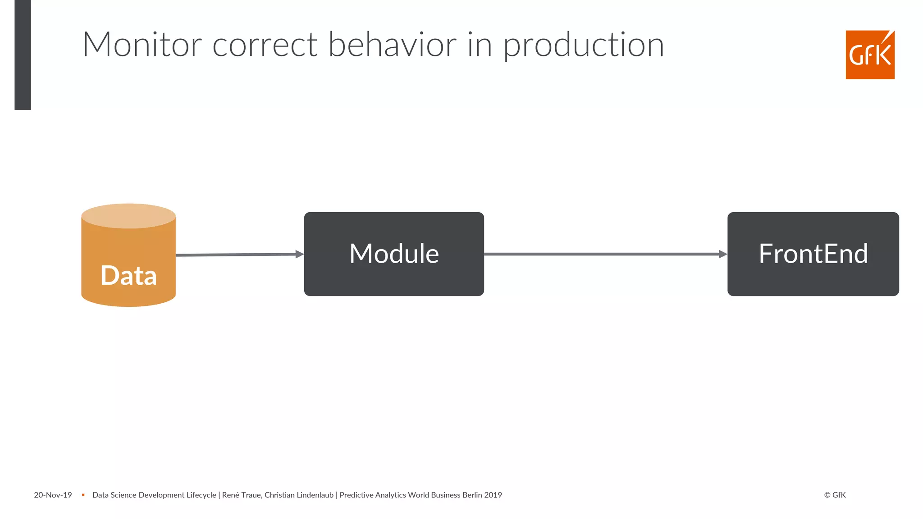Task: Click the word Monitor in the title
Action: point(142,45)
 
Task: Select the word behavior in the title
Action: point(392,45)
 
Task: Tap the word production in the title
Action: point(583,46)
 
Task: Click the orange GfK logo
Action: point(870,55)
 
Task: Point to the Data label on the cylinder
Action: point(128,275)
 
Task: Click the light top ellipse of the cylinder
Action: point(128,215)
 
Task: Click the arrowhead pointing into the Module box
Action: point(299,254)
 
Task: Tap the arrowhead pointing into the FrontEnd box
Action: point(722,254)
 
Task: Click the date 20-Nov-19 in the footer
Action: point(53,495)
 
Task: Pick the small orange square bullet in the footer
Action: point(83,495)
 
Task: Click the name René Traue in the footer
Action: point(241,495)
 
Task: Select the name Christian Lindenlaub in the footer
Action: point(299,495)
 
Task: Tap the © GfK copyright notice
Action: point(835,495)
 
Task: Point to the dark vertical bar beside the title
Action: point(23,54)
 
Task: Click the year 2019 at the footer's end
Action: point(493,495)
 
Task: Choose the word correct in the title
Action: point(265,46)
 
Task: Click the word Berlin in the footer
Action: point(472,495)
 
